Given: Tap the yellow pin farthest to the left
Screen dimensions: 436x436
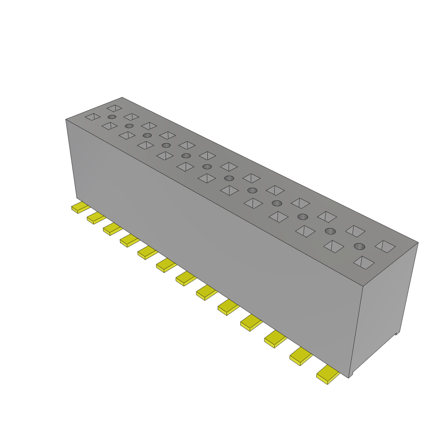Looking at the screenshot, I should click(x=80, y=208).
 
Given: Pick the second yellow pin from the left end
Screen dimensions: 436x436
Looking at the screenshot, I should click(x=96, y=218).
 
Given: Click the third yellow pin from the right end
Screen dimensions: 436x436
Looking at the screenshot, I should click(x=275, y=339).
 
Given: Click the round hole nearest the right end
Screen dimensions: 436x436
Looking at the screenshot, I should click(x=360, y=246).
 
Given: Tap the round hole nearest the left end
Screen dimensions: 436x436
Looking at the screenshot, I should click(x=112, y=117).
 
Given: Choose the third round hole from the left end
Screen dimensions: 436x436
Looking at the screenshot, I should click(x=147, y=135).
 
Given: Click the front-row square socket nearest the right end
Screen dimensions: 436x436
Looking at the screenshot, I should click(x=364, y=262).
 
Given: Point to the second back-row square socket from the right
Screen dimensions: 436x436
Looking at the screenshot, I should click(x=356, y=231).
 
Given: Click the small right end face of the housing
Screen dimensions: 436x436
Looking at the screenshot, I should click(x=383, y=307).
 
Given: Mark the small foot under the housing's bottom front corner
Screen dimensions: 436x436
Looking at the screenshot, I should click(x=351, y=376).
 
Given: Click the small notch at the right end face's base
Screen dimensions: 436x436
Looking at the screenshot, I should click(x=398, y=333).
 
